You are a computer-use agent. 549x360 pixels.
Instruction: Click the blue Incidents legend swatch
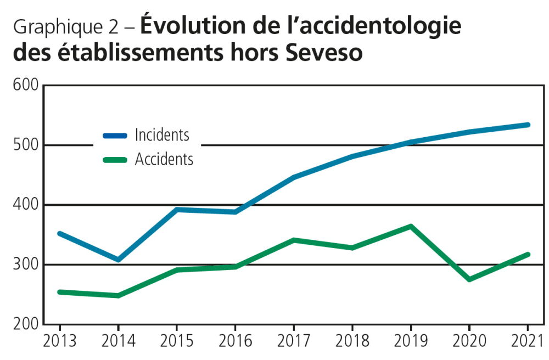(115, 135)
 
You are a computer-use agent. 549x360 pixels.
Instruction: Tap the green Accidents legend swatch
(115, 160)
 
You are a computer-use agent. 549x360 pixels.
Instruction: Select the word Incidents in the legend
(162, 135)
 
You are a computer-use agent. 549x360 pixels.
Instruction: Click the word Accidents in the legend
(164, 160)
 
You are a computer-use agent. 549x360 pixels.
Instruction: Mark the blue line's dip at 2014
(118, 259)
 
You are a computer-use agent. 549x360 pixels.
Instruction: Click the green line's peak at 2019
(410, 226)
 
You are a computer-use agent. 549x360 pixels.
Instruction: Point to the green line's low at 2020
(469, 279)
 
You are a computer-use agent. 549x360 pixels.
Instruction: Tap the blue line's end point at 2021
(528, 125)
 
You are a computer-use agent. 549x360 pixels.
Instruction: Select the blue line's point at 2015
(177, 210)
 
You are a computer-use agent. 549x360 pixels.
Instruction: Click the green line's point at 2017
(294, 240)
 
